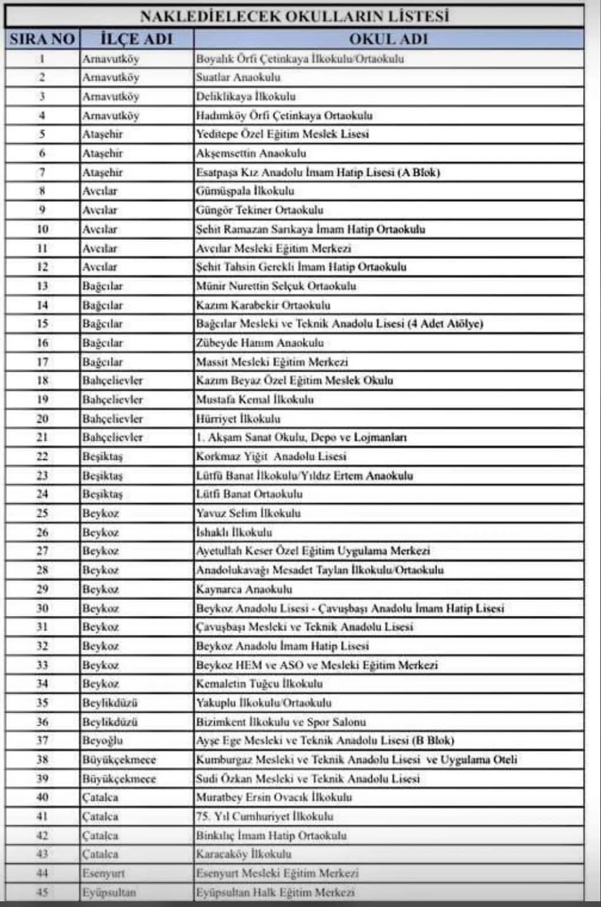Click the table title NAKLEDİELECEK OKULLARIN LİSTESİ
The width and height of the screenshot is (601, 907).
(294, 16)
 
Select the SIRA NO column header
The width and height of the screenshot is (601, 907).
(42, 39)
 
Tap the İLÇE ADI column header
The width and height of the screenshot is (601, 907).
(136, 39)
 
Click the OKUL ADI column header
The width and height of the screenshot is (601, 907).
(388, 39)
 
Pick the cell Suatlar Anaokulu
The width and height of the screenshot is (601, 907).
(238, 77)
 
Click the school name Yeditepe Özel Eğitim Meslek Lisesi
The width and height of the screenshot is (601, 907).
(282, 134)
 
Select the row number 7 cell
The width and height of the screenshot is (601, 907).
(42, 172)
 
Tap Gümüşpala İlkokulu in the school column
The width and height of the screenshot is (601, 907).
(245, 191)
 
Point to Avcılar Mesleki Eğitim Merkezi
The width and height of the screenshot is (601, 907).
(273, 248)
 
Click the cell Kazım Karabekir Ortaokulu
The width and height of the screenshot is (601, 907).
(263, 305)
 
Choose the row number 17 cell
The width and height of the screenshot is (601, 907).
(42, 362)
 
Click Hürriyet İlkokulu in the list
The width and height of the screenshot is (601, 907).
(238, 419)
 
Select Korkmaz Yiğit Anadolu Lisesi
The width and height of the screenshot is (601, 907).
(271, 457)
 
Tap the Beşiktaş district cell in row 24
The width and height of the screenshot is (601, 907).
(102, 494)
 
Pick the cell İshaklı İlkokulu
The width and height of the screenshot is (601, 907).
(234, 532)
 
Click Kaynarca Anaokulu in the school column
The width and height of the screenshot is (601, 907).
(244, 589)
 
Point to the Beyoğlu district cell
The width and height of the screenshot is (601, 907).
(102, 740)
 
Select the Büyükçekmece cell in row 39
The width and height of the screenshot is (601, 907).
(119, 778)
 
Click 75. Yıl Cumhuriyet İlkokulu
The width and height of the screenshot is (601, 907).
(265, 816)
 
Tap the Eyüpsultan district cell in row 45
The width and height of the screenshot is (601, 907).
(109, 892)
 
